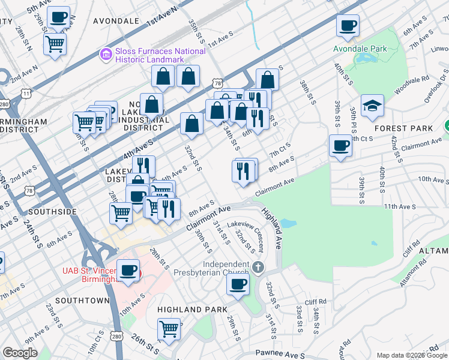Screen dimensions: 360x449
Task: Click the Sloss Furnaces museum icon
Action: point(106,55)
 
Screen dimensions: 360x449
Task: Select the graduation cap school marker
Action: point(372,105)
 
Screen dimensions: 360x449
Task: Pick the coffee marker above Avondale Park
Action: point(348,25)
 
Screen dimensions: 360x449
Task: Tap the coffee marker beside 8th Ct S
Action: point(341,146)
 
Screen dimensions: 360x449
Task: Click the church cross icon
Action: point(258,267)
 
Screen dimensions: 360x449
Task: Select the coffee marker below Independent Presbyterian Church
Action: point(238,283)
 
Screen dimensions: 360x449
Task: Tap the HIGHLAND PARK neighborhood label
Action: point(192,310)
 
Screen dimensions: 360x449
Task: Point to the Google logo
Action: point(20,353)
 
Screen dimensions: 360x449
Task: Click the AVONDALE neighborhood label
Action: point(116,20)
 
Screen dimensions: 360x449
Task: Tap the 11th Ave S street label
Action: point(400,206)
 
